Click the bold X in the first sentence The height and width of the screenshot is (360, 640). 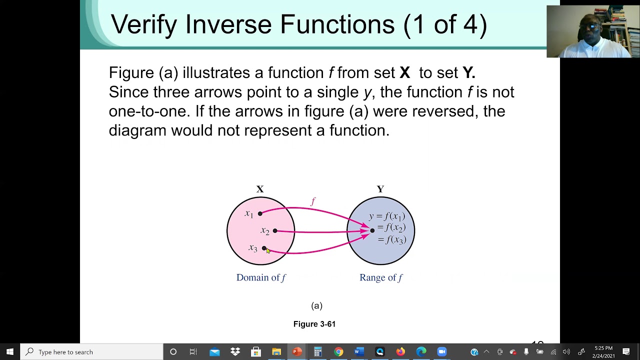[x=404, y=73]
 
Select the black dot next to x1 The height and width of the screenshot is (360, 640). [x=260, y=213]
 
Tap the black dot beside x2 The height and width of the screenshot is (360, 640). [x=275, y=230]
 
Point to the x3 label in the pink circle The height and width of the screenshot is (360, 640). [x=252, y=248]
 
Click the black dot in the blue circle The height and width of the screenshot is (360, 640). [x=372, y=230]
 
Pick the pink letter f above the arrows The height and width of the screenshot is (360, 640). [x=313, y=201]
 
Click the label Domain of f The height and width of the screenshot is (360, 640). [x=261, y=277]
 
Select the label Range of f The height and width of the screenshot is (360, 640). [x=380, y=277]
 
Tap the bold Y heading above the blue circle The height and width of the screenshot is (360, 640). [x=380, y=189]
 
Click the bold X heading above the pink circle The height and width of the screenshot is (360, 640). [x=260, y=189]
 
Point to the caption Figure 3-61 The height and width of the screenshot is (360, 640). [x=314, y=324]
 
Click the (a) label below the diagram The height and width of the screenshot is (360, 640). [x=316, y=305]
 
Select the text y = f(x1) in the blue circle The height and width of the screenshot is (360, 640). [x=387, y=216]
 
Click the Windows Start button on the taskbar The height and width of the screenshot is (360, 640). [x=9, y=352]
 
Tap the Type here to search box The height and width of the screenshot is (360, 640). [x=92, y=352]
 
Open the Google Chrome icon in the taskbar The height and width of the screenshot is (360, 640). [x=338, y=352]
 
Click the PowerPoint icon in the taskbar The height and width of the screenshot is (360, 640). [x=297, y=352]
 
